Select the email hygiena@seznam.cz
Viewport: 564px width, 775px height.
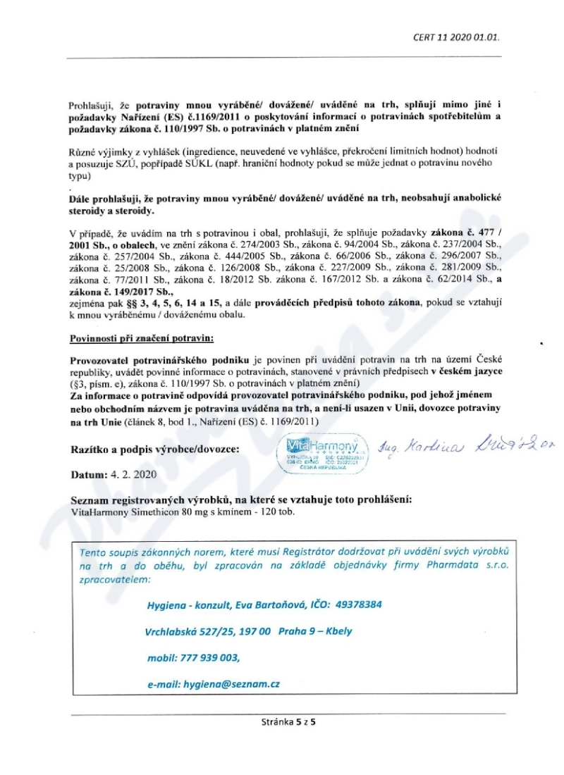coord(231,683)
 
